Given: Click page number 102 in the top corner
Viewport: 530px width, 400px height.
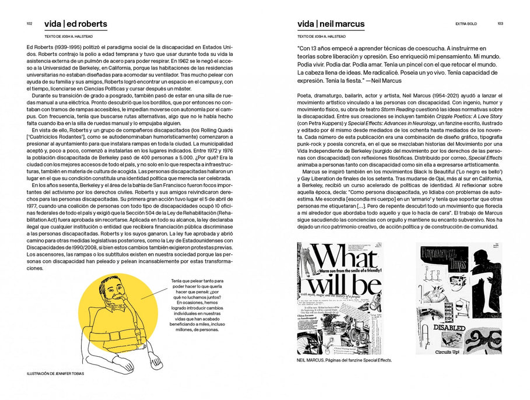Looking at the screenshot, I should coord(29,24).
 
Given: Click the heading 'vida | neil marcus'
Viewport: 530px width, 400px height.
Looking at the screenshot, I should coord(331,24).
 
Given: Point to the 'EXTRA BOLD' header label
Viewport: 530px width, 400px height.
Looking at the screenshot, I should coord(466,24).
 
